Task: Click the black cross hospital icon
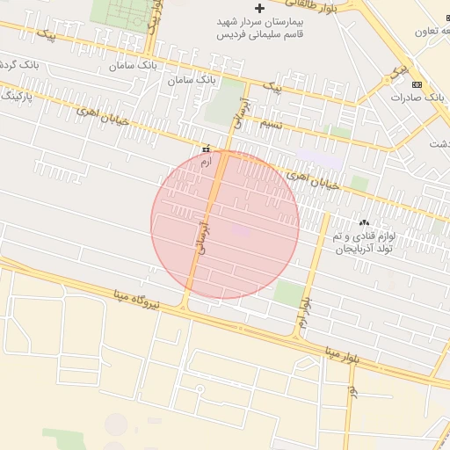(x=258, y=8)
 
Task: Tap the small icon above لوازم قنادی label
(x=365, y=222)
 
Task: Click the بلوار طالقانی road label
(x=304, y=5)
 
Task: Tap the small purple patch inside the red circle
(x=241, y=231)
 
